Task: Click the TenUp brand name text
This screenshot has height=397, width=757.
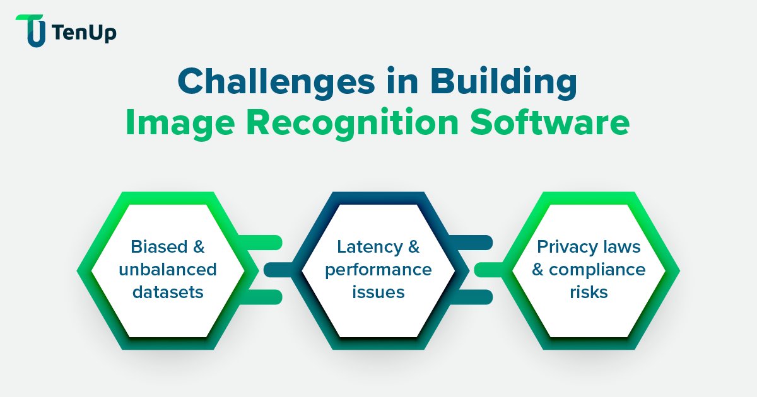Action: (x=85, y=33)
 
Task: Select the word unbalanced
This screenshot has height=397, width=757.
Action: (x=167, y=270)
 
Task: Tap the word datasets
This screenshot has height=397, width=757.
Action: (x=167, y=292)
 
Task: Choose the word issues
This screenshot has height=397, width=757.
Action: (x=378, y=292)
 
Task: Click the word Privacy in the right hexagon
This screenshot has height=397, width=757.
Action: (x=564, y=246)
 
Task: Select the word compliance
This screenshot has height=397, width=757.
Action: (x=597, y=270)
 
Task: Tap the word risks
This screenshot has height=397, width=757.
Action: (x=588, y=292)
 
